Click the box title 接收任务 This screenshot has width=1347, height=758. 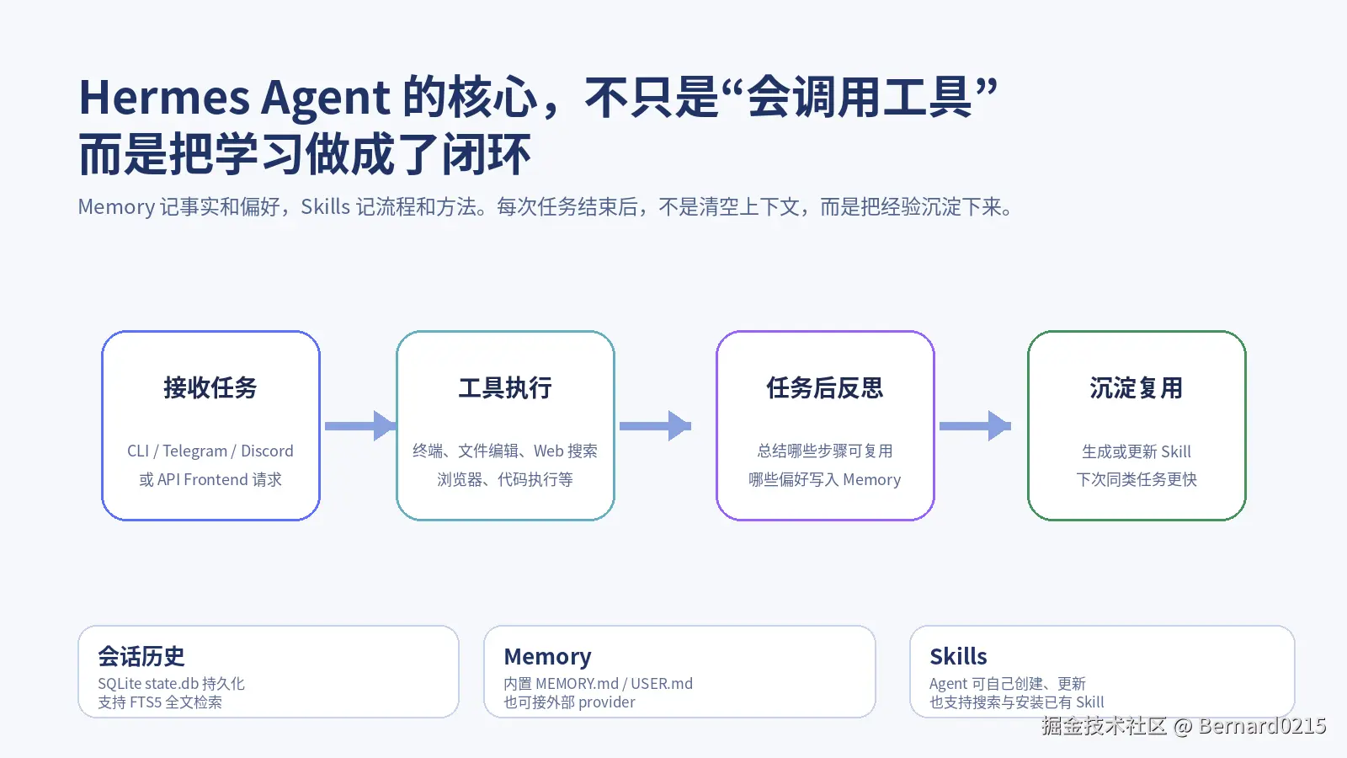tap(210, 387)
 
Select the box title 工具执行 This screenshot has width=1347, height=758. tap(505, 387)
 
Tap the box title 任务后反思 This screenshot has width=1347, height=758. tap(825, 387)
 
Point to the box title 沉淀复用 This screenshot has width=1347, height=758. tap(1137, 387)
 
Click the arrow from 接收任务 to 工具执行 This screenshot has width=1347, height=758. tap(359, 426)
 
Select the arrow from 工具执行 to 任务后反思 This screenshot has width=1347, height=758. tap(655, 426)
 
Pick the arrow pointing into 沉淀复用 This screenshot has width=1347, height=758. tap(975, 426)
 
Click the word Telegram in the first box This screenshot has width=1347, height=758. tap(194, 451)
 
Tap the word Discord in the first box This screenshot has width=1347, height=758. tap(267, 451)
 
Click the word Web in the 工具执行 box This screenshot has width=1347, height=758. tap(548, 451)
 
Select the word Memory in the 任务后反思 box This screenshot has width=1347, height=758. tap(871, 480)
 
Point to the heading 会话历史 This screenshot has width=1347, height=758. tap(141, 656)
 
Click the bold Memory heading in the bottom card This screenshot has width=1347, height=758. tap(547, 656)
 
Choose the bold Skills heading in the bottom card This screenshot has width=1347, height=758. tap(958, 656)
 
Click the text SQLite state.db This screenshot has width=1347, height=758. tap(148, 684)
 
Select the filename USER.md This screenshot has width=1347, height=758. tap(662, 684)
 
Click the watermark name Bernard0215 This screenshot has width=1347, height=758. tap(1262, 726)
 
